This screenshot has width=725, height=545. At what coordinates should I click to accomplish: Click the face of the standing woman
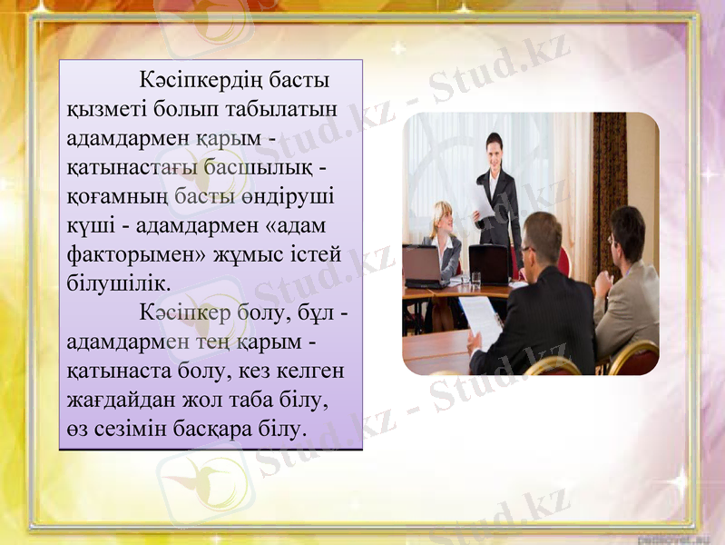494,148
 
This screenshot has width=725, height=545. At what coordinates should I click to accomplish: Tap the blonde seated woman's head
443,216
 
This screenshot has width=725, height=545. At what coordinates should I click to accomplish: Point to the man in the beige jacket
626,291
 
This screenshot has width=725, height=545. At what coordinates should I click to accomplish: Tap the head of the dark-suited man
542,238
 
